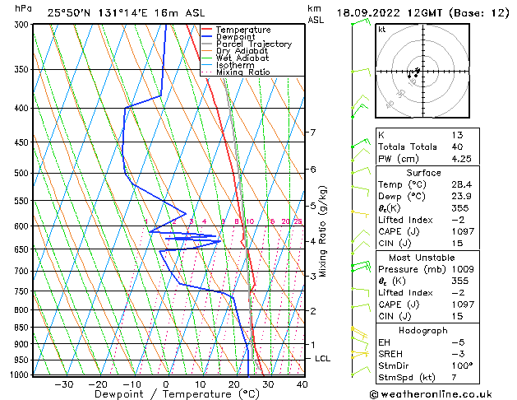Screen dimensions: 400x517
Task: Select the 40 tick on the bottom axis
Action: tap(302, 384)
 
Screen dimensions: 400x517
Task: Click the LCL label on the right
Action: tap(322, 359)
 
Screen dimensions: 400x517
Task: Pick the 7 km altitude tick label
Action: tap(312, 133)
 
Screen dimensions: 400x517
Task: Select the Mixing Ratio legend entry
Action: tap(242, 72)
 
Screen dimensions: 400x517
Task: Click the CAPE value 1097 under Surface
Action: tap(460, 232)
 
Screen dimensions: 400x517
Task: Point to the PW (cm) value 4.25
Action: tap(459, 160)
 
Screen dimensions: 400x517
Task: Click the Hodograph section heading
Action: tap(423, 330)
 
